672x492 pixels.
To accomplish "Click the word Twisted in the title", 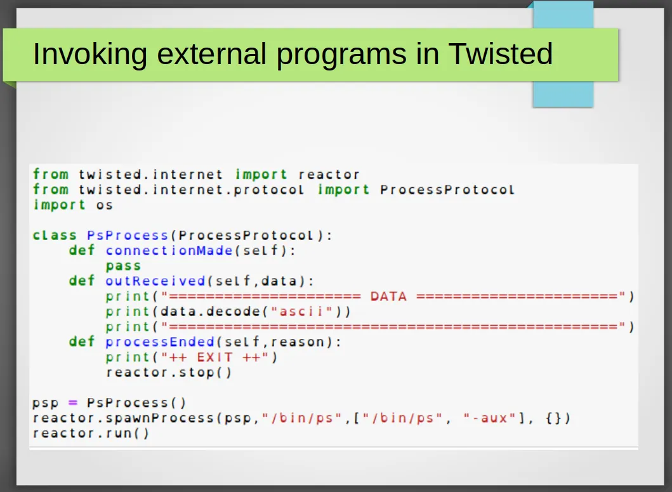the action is pos(501,53).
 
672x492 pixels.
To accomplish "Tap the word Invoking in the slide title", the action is pos(90,55).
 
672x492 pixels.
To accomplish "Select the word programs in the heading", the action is pos(341,55).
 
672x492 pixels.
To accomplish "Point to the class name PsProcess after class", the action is pos(128,236).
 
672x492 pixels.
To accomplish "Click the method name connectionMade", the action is pos(169,251).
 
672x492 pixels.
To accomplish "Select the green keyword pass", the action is pos(124,266).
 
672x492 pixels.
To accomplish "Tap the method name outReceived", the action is pos(155,281).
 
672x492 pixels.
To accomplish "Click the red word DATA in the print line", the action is pos(388,296).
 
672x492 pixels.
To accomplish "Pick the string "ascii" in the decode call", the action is pos(301,312).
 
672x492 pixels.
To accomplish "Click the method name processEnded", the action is pos(160,342).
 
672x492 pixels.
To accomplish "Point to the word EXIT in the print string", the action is pos(214,357).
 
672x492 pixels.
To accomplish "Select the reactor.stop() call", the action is pos(169,372).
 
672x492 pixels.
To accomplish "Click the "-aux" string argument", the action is pos(489,418).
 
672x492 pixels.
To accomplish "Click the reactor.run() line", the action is pos(91,433).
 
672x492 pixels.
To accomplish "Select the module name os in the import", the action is pos(105,205).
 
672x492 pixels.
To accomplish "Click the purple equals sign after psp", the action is pos(73,402).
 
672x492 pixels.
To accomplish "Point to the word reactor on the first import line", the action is pos(329,175).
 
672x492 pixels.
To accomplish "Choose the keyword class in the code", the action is pos(55,236).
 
